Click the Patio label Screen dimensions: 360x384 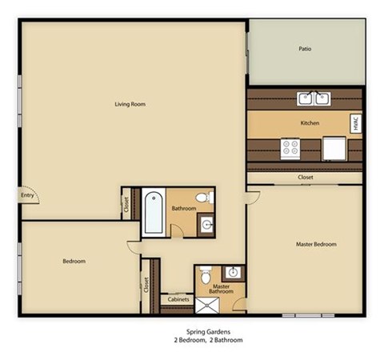(305, 49)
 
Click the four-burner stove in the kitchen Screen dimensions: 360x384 (290, 147)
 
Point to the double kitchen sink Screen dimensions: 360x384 (314, 98)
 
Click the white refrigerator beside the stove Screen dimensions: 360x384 (334, 149)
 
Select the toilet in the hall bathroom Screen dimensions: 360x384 (206, 197)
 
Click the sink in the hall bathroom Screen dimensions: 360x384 (206, 225)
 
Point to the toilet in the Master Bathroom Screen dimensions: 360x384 (206, 275)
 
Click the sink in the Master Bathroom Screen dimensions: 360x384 (234, 271)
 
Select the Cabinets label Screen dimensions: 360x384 (178, 299)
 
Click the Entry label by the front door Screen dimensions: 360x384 (28, 194)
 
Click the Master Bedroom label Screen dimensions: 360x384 (316, 244)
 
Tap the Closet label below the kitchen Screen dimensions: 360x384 (305, 177)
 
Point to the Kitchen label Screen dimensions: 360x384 (310, 123)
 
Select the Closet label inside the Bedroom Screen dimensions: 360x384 (147, 284)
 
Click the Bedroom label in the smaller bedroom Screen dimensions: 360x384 (74, 261)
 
